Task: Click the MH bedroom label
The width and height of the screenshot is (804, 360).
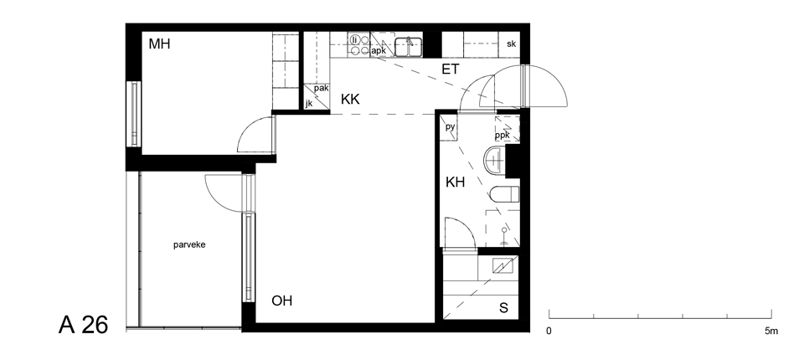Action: pyautogui.click(x=159, y=44)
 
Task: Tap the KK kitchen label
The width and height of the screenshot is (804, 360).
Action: pyautogui.click(x=350, y=100)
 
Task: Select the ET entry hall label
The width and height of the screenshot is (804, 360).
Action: pyautogui.click(x=451, y=69)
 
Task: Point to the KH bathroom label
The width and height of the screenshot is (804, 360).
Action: pyautogui.click(x=455, y=182)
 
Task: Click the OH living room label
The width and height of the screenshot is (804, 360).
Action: pyautogui.click(x=281, y=301)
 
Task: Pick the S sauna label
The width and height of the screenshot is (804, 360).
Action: pyautogui.click(x=503, y=308)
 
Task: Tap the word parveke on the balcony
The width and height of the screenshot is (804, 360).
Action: pyautogui.click(x=189, y=245)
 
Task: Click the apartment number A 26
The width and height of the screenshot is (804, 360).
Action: pyautogui.click(x=84, y=325)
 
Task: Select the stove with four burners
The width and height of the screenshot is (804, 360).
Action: pyautogui.click(x=359, y=44)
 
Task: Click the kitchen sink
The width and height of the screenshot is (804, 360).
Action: pyautogui.click(x=408, y=47)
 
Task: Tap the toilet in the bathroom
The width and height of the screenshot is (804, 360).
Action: pyautogui.click(x=504, y=194)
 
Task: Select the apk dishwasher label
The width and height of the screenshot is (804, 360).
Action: pyautogui.click(x=379, y=51)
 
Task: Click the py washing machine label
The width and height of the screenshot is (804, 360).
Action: pyautogui.click(x=450, y=126)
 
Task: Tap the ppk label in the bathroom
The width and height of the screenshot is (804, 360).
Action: pyautogui.click(x=502, y=136)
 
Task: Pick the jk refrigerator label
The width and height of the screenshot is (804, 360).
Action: pyautogui.click(x=309, y=104)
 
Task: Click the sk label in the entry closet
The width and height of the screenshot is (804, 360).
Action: pyautogui.click(x=511, y=44)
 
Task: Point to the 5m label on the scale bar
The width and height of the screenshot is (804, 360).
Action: pyautogui.click(x=771, y=332)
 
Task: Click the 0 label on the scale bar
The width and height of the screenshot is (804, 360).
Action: pyautogui.click(x=549, y=332)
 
